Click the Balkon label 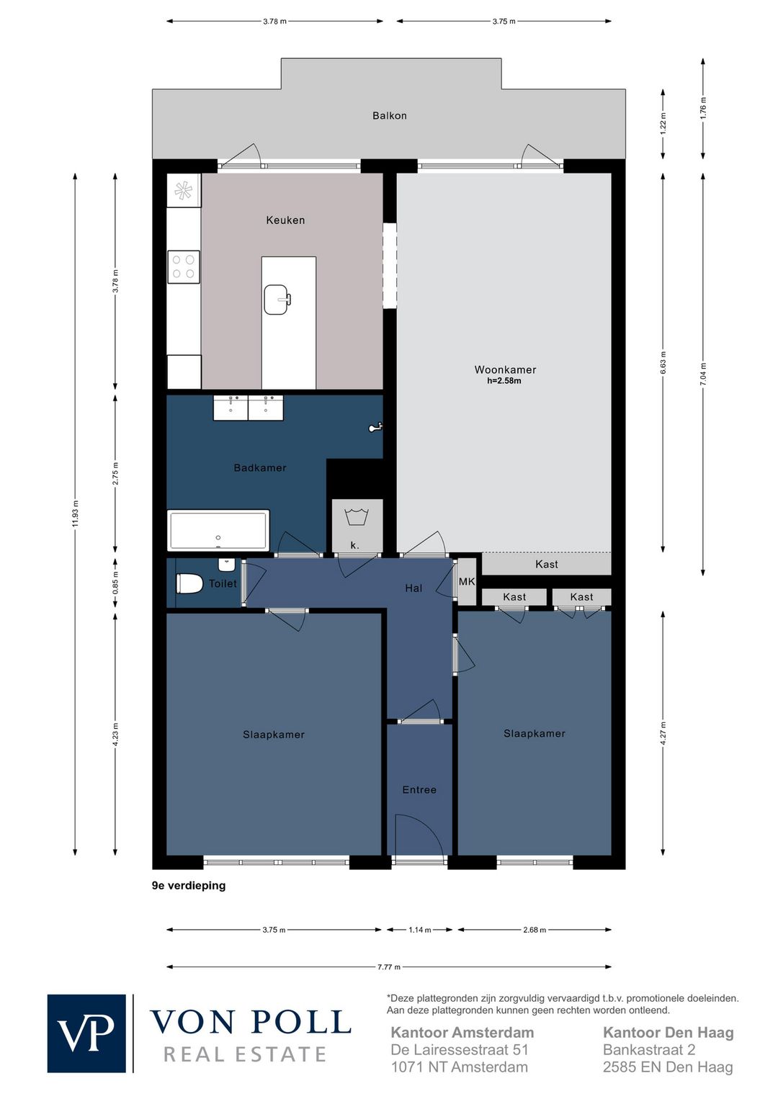tap(389, 116)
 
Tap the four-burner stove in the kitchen tap(184, 267)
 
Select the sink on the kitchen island tap(277, 300)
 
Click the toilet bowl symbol tap(189, 584)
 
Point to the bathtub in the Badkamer tap(218, 530)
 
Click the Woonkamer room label tap(505, 370)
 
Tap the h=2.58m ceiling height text tap(504, 381)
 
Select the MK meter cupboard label tap(467, 581)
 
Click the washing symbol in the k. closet tap(357, 517)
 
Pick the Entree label tap(419, 790)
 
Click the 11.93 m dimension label tap(75, 513)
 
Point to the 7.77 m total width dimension tap(389, 967)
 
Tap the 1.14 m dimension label tap(420, 930)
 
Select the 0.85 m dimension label tap(115, 584)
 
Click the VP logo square tap(87, 1033)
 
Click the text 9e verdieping tap(189, 886)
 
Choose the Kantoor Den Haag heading tap(669, 1033)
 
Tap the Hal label tap(413, 588)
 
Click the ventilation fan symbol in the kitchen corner tap(183, 190)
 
